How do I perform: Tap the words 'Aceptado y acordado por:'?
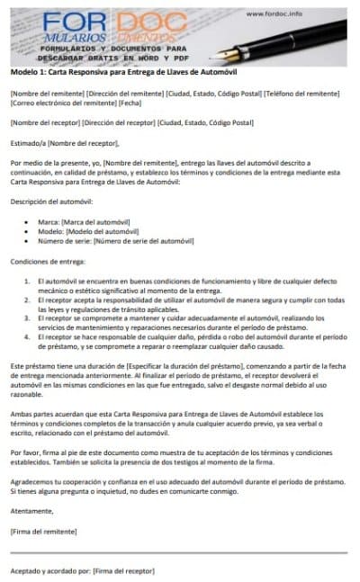49,570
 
